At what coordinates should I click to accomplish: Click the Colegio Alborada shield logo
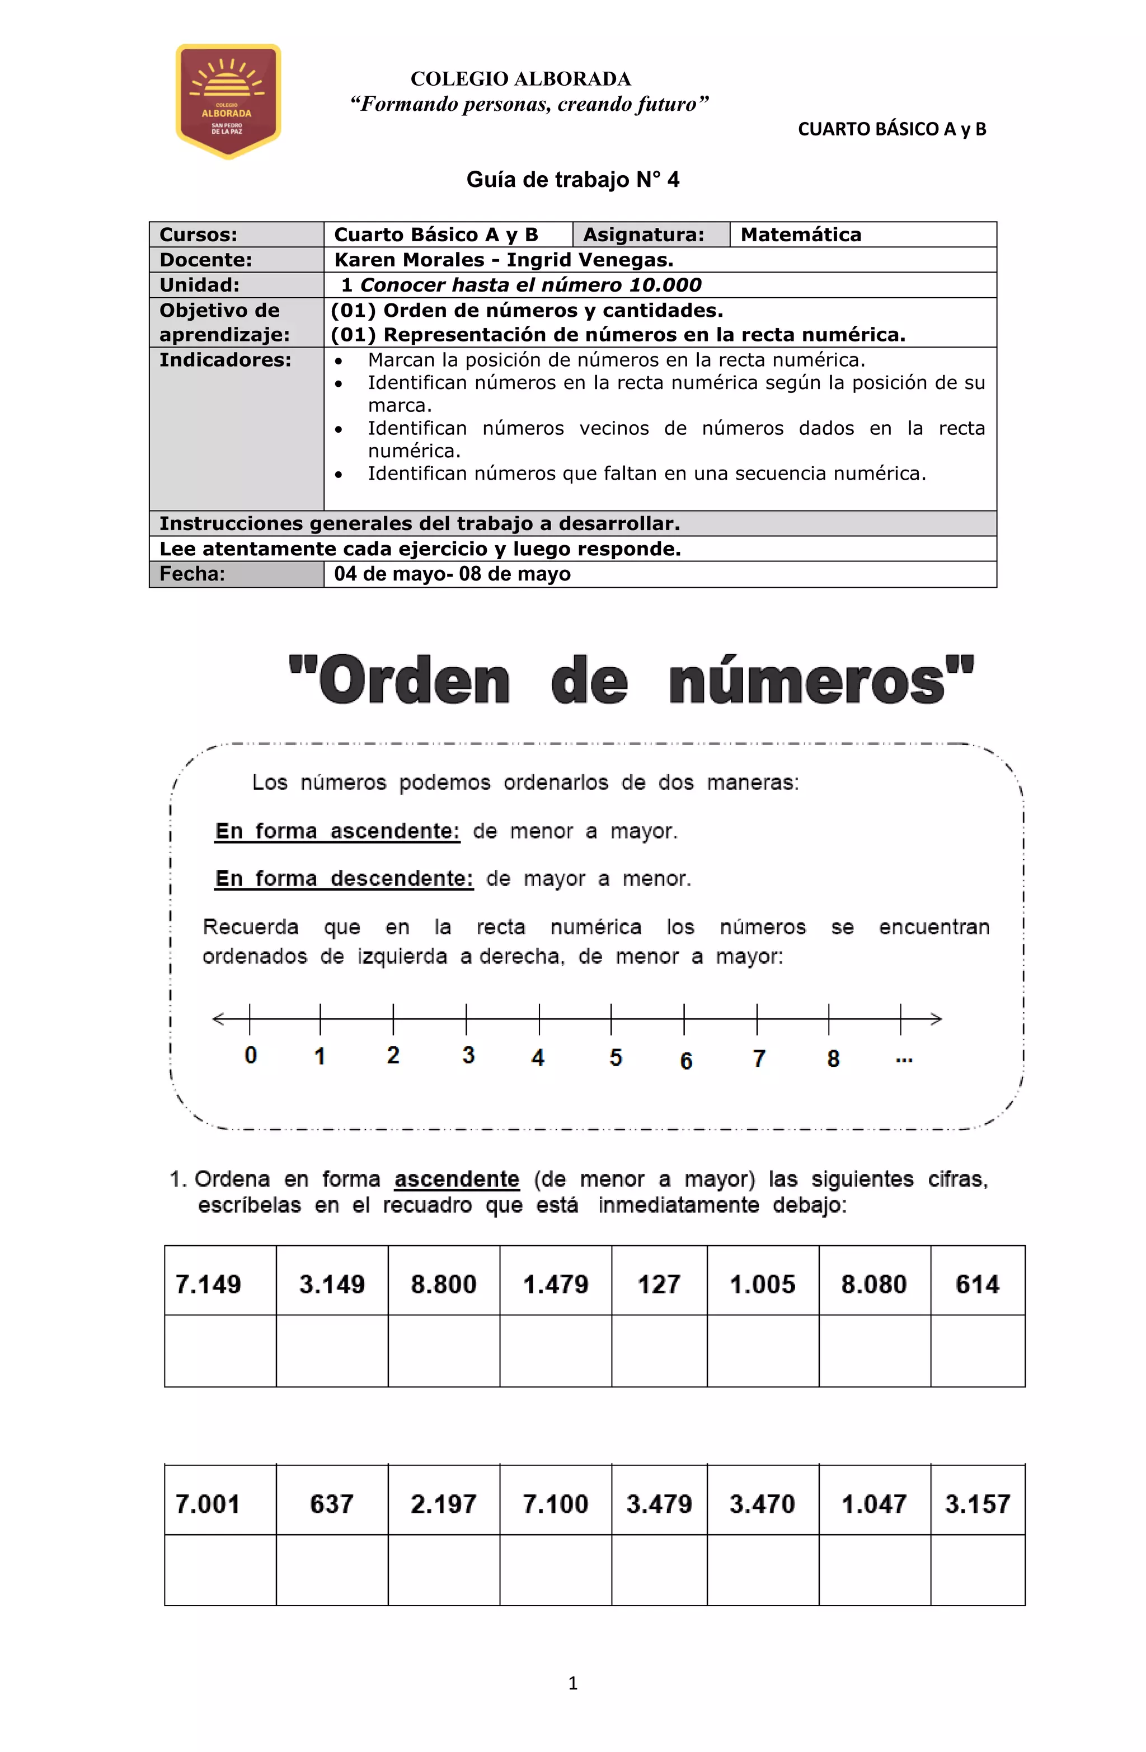tap(228, 101)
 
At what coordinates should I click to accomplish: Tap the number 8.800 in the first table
tap(443, 1284)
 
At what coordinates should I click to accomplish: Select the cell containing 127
tap(658, 1284)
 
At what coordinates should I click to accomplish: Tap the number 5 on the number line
tap(616, 1057)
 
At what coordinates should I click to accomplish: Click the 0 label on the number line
tap(250, 1055)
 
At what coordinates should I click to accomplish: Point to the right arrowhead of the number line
tap(936, 1019)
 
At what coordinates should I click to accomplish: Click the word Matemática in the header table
tap(800, 235)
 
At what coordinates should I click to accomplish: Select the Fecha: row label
tap(192, 574)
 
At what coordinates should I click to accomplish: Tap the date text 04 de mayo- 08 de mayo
tap(452, 574)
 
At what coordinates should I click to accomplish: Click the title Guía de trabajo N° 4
tap(572, 180)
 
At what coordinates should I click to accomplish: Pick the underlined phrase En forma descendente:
tap(344, 878)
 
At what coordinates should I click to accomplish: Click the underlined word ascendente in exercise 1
tap(457, 1179)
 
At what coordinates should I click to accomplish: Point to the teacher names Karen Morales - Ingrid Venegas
tap(504, 260)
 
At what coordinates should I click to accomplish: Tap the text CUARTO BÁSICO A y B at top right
tap(891, 129)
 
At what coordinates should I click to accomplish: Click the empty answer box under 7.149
tap(220, 1350)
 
